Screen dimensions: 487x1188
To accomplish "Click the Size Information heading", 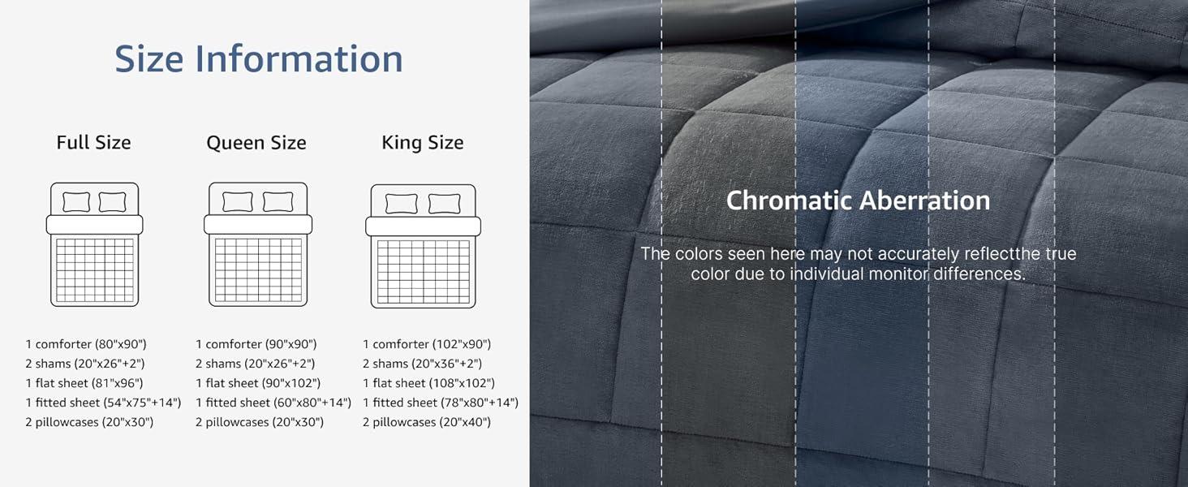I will tap(258, 58).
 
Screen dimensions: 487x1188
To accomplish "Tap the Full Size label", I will tap(93, 143).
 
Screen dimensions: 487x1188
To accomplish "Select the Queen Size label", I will tap(256, 143).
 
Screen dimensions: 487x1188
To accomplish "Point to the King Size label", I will tap(423, 143).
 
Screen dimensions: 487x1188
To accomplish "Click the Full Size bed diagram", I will tap(94, 244).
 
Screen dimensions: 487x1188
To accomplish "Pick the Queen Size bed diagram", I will tap(258, 244).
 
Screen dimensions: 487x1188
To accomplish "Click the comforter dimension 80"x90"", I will tap(86, 344).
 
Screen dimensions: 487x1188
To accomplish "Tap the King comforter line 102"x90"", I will tap(427, 344).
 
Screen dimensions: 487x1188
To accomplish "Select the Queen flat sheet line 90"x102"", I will tap(258, 383).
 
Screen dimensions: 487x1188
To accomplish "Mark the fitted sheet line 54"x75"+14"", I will tap(103, 403).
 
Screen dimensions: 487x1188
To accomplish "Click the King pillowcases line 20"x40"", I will tap(427, 422).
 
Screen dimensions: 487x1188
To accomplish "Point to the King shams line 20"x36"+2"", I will tap(422, 364).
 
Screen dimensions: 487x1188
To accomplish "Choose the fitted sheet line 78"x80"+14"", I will tap(441, 403).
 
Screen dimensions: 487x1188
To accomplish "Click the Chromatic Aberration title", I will tap(858, 200).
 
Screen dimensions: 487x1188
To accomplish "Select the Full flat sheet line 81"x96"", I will tap(84, 383).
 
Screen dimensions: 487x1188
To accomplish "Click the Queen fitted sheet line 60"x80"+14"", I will tap(273, 403).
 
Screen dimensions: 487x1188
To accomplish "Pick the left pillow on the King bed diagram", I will tap(401, 204).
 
